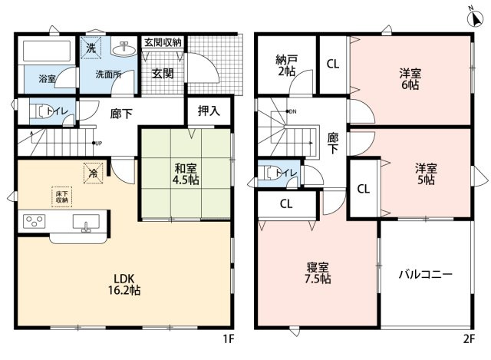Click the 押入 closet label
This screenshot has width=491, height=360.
[x=209, y=110]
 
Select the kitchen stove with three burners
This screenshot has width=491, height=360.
[x=35, y=223]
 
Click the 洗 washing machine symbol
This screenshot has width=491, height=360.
[x=91, y=48]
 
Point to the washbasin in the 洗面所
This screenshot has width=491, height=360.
[x=121, y=48]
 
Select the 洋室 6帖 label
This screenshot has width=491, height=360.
[x=409, y=80]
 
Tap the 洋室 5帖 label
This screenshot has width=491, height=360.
[x=426, y=173]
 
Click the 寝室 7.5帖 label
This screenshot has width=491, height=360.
[x=318, y=273]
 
